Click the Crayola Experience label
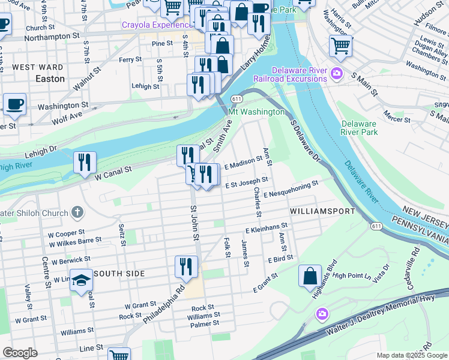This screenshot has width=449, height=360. pyautogui.click(x=155, y=25)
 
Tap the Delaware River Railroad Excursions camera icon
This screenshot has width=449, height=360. pyautogui.click(x=336, y=74)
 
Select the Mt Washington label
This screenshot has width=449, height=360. pyautogui.click(x=256, y=112)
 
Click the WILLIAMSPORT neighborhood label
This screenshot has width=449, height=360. pyautogui.click(x=322, y=212)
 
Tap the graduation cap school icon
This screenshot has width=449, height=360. pyautogui.click(x=81, y=281)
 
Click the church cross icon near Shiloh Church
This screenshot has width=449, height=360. pyautogui.click(x=77, y=212)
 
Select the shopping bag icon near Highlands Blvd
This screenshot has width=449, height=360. pyautogui.click(x=310, y=276)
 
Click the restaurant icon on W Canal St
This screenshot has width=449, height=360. pyautogui.click(x=85, y=162)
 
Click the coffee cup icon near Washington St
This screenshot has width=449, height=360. pyautogui.click(x=15, y=104)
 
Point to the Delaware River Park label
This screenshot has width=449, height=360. pyautogui.click(x=359, y=127)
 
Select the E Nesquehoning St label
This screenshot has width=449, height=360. pyautogui.click(x=298, y=189)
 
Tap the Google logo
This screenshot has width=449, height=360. pyautogui.click(x=20, y=353)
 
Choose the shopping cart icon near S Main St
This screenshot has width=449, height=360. pyautogui.click(x=340, y=46)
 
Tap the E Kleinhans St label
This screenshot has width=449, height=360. pyautogui.click(x=267, y=229)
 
